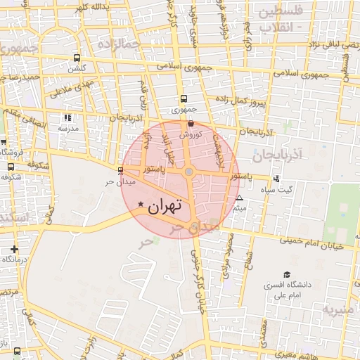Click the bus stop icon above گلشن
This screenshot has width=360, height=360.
(x=76, y=58)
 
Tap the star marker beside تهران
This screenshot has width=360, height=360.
(x=141, y=205)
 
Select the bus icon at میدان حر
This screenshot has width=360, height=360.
(x=120, y=171)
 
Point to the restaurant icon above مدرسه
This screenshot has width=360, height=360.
(x=67, y=118)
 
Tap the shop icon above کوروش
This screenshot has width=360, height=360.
(x=191, y=124)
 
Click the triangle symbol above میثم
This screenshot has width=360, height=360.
(x=240, y=198)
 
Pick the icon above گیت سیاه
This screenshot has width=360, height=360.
(x=276, y=179)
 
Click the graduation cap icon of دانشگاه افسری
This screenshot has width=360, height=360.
(x=286, y=274)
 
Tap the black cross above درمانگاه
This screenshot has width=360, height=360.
(x=14, y=249)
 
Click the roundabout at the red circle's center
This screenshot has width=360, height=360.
(x=188, y=172)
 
